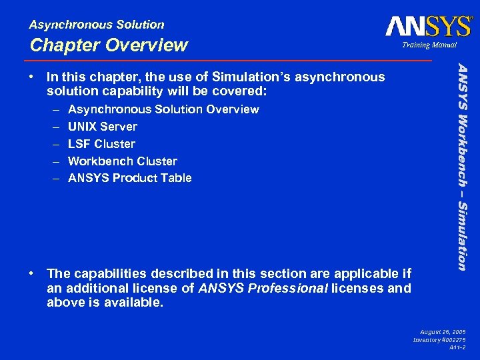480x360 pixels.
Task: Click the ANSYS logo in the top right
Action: point(428,26)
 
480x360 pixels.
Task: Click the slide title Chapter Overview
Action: point(109,45)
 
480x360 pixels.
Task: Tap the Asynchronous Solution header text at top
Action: point(97,25)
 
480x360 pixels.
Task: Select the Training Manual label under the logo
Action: point(429,45)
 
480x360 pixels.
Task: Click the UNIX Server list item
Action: point(103,127)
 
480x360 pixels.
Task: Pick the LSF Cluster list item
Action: point(101,144)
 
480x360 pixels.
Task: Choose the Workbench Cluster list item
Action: point(123,161)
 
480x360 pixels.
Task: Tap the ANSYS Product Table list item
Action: point(130,178)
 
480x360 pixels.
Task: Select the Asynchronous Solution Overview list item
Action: point(163,109)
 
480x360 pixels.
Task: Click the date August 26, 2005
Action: point(443,331)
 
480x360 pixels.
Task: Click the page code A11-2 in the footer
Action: point(457,348)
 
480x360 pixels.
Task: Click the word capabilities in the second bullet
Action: point(107,273)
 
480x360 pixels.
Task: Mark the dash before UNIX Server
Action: point(54,127)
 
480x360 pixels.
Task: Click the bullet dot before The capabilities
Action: point(33,273)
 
